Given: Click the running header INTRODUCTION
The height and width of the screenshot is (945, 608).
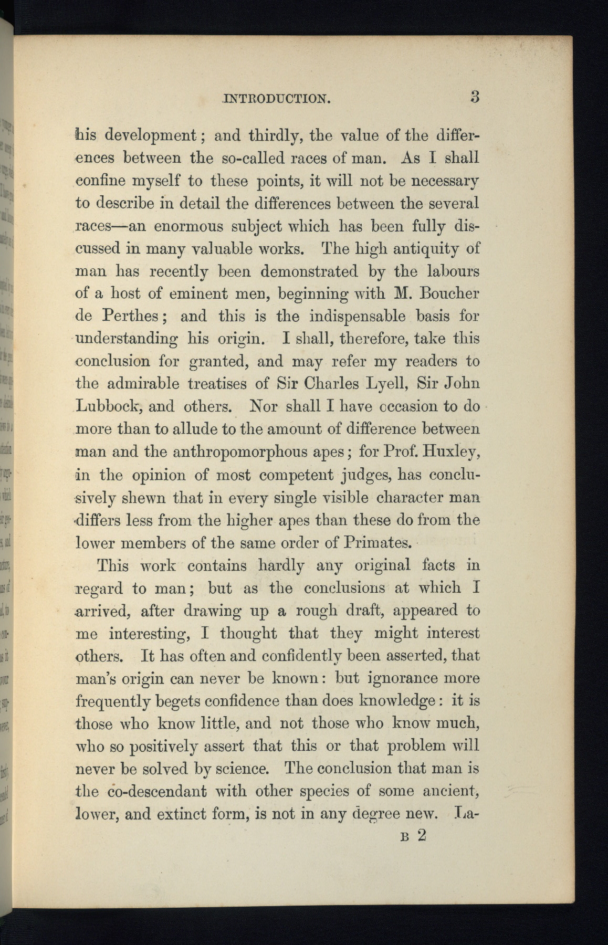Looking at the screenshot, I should [x=276, y=99].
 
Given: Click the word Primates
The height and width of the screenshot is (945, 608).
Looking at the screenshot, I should [x=376, y=542].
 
